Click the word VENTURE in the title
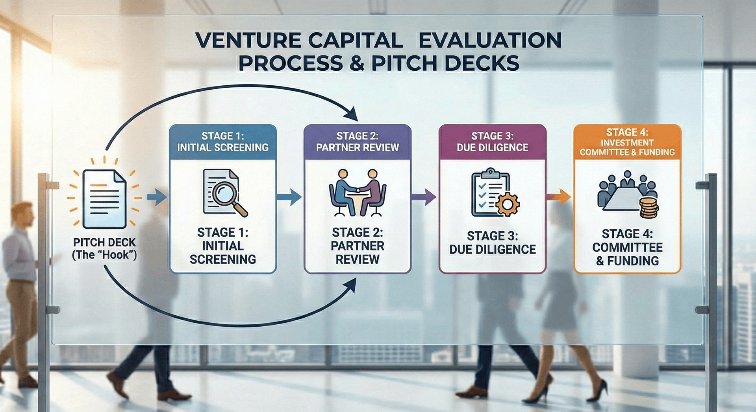click(x=248, y=40)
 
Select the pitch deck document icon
click(x=104, y=199)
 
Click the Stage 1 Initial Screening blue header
click(x=223, y=142)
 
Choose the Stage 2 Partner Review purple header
click(x=358, y=142)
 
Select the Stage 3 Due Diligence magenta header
click(x=492, y=142)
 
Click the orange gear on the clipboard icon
click(x=507, y=204)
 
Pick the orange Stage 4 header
click(x=627, y=142)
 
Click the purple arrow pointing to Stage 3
click(x=424, y=197)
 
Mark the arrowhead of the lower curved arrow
click(x=350, y=285)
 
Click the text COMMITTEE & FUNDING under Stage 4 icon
click(x=627, y=254)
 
